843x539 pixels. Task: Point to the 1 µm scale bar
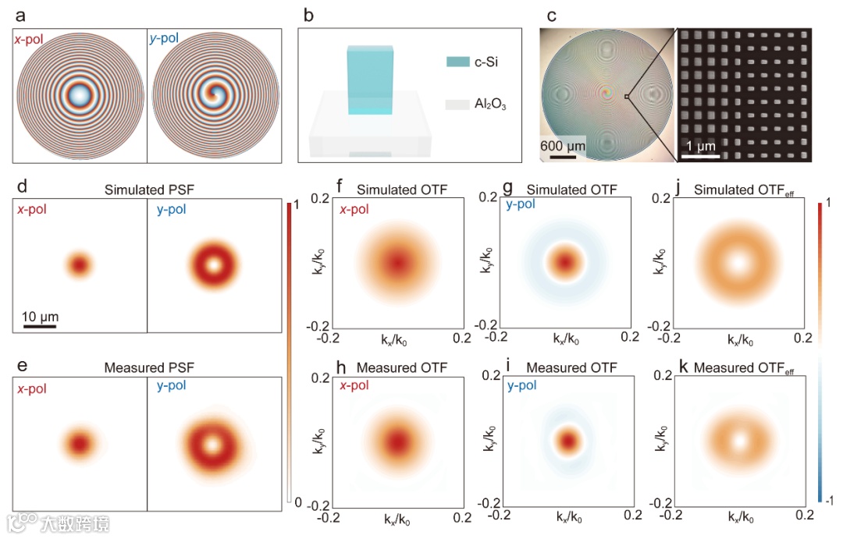tap(699, 156)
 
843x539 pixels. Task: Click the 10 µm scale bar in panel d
tap(39, 325)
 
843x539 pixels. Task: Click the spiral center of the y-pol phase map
tap(212, 95)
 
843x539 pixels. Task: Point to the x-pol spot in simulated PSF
tap(79, 265)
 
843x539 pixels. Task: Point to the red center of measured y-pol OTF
tap(568, 441)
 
